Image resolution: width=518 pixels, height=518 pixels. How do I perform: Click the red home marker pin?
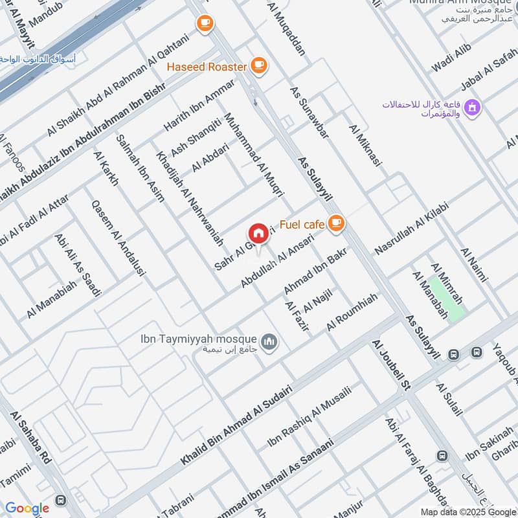pos(258,233)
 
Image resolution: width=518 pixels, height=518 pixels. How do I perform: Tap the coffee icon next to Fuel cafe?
pos(335,223)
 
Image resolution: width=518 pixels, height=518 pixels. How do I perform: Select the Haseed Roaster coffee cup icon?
pos(258,65)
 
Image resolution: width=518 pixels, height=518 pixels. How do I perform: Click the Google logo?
pos(27,509)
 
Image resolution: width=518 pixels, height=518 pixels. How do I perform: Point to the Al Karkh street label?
pos(106,169)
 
